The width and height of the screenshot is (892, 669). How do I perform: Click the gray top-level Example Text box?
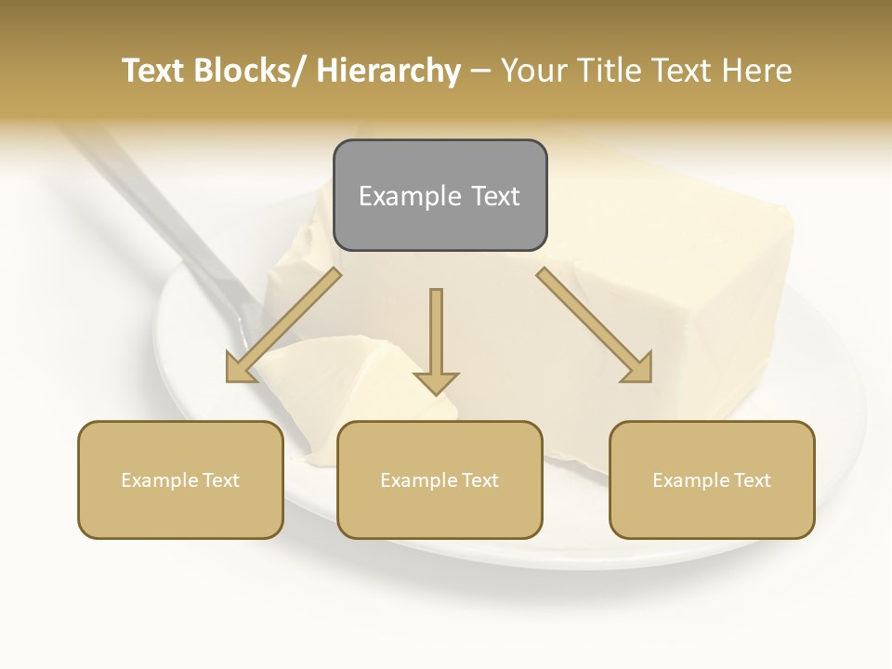tap(439, 195)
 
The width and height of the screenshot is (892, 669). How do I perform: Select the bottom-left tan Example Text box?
tap(180, 479)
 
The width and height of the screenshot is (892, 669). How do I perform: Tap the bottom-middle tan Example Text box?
tap(439, 479)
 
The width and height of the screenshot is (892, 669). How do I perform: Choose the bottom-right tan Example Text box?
tap(712, 479)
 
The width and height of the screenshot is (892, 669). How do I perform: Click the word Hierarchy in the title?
tap(388, 71)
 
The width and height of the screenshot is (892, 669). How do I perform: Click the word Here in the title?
tap(756, 71)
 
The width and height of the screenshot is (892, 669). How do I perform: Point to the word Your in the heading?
tap(533, 71)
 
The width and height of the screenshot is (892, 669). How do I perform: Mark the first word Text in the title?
tap(157, 71)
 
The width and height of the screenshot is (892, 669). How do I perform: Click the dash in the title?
tap(481, 71)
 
